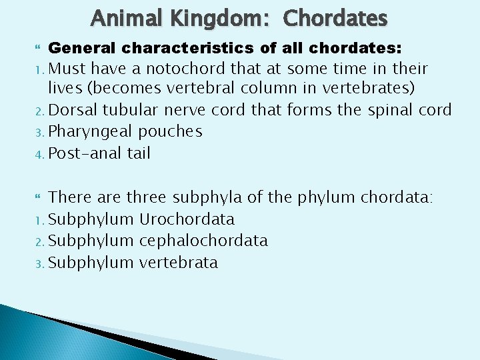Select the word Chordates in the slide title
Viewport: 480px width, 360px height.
pyautogui.click(x=335, y=18)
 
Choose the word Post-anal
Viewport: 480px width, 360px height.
pyautogui.click(x=83, y=153)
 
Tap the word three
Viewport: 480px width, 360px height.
pyautogui.click(x=148, y=197)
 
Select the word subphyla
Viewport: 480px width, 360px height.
pyautogui.click(x=207, y=197)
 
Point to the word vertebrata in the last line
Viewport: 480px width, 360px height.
pyautogui.click(x=178, y=262)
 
